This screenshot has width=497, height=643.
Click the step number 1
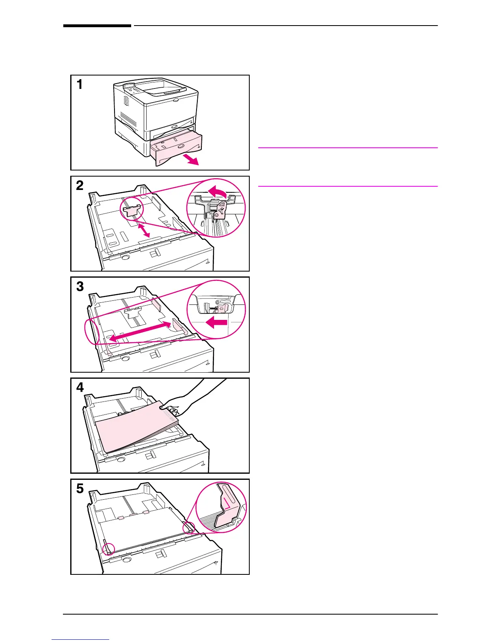coord(80,85)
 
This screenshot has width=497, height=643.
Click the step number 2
coord(80,186)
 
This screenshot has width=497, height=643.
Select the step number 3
coord(80,286)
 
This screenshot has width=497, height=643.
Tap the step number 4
coord(80,387)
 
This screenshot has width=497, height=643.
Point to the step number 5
coord(80,488)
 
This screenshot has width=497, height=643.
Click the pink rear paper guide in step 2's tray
coord(131,210)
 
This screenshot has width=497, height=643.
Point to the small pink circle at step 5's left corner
coord(108,548)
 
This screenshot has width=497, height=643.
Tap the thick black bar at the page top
coord(97,26)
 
